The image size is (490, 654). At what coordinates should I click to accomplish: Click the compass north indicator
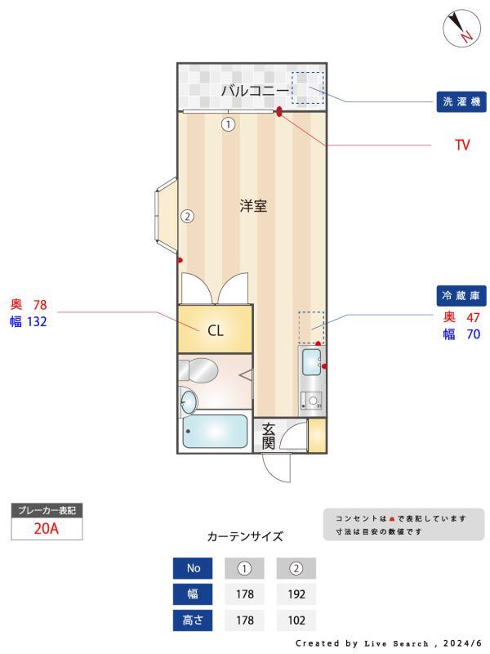pos(461,28)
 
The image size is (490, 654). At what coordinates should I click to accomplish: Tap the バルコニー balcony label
pos(255,90)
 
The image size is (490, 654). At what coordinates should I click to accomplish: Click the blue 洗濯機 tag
pos(461,101)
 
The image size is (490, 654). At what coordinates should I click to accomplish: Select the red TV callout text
pos(462,145)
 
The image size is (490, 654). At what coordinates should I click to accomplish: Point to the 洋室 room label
pos(253,206)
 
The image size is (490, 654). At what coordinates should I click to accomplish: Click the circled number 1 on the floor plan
pos(228,124)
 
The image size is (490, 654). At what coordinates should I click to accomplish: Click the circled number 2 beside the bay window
pos(188,216)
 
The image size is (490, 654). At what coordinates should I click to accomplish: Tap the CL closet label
pos(216,331)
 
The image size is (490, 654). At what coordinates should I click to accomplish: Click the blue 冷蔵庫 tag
pos(461,296)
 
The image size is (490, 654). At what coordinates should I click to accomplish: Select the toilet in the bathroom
pos(198,370)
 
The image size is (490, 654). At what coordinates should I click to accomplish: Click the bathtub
pos(215,432)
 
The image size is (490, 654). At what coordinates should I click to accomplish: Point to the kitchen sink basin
pos(311,362)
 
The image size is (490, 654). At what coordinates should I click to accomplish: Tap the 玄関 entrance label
pos(269,437)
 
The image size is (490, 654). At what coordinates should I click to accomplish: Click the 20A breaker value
pos(47,528)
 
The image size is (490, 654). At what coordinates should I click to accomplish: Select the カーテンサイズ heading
pos(245,536)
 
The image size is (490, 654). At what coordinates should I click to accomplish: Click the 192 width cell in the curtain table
pos(296,594)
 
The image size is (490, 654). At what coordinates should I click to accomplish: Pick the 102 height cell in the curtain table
pos(296,620)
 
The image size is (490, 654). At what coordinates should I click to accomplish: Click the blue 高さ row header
pos(193,620)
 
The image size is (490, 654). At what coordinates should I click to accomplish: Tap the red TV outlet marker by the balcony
pos(279,111)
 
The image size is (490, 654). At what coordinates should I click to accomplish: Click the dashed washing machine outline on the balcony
pos(308,87)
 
